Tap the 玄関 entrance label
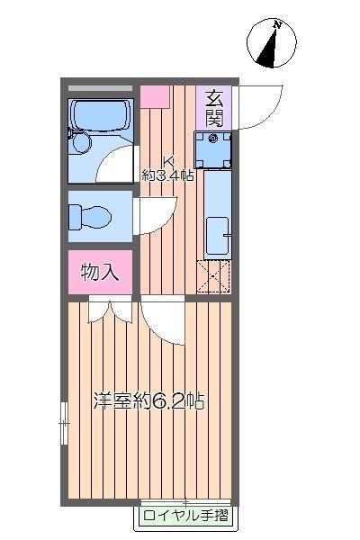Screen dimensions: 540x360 pyautogui.click(x=213, y=107)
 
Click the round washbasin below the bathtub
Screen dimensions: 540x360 pyautogui.click(x=84, y=145)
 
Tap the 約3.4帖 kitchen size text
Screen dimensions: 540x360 pyautogui.click(x=168, y=176)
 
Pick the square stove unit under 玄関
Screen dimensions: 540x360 pyautogui.click(x=214, y=149)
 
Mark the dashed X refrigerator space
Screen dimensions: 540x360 pyautogui.click(x=214, y=274)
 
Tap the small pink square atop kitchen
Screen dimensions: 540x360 pyautogui.click(x=155, y=94)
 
